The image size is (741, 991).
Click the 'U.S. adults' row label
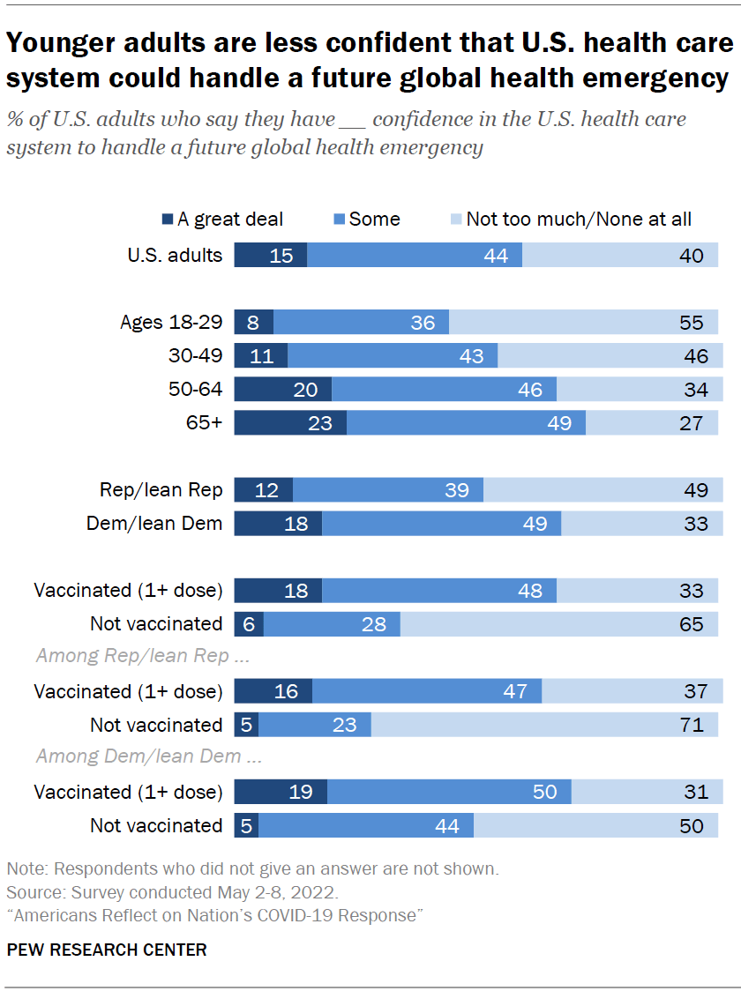tap(176, 256)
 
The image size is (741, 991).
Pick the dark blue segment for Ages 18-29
tap(253, 323)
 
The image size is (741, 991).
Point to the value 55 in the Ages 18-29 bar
tap(692, 323)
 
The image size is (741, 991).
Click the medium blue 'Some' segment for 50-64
tap(444, 390)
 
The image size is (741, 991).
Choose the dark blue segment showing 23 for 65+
tap(290, 423)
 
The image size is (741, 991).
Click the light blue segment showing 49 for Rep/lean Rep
tap(603, 490)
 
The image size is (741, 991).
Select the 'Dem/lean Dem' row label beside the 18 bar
tap(154, 524)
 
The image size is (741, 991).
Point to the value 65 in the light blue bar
tap(692, 624)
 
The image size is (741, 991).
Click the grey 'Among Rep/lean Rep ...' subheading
tap(131, 656)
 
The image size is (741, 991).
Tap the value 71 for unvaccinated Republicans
tap(692, 725)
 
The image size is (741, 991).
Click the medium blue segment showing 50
tap(449, 792)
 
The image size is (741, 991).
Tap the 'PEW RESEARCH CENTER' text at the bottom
tap(107, 950)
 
